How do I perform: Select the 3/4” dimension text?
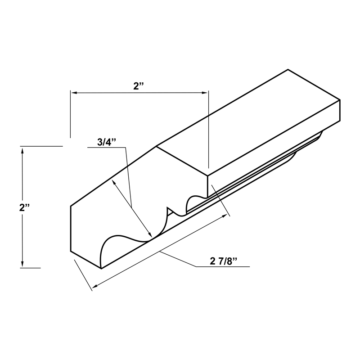pos(107,142)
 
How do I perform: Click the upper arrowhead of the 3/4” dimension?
pos(115,182)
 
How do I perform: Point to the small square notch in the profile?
pos(171,211)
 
